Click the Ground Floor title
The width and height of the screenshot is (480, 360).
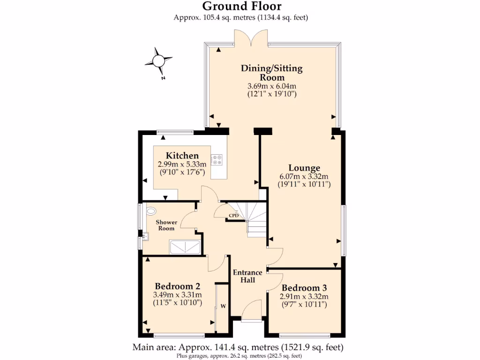point(241,6)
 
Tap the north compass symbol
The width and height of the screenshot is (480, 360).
point(158,61)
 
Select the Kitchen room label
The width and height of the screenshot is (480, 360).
point(182,156)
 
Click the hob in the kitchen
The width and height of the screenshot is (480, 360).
point(217,160)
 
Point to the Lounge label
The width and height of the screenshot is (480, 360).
point(304,168)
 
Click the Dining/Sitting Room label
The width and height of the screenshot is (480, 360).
point(272,73)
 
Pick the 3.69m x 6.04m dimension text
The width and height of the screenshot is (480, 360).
point(272,86)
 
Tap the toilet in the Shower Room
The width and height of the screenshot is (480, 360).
point(151,210)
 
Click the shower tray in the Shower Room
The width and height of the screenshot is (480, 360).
point(185,247)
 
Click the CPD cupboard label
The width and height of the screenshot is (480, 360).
point(233,216)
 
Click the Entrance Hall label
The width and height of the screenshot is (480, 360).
point(247,276)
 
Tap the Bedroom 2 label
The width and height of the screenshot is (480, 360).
point(178,286)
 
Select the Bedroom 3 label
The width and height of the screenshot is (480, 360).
point(304,288)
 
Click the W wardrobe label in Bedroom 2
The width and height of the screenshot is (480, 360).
point(223,307)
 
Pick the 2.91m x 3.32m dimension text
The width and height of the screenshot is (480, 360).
point(304,296)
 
